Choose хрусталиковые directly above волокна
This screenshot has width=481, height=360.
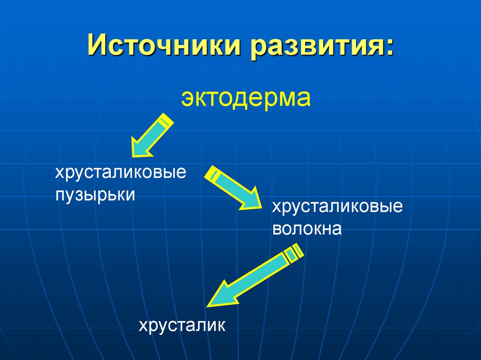[x=337, y=207]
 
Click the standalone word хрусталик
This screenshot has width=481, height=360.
[x=182, y=325]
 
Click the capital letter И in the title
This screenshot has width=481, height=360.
[x=97, y=49]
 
